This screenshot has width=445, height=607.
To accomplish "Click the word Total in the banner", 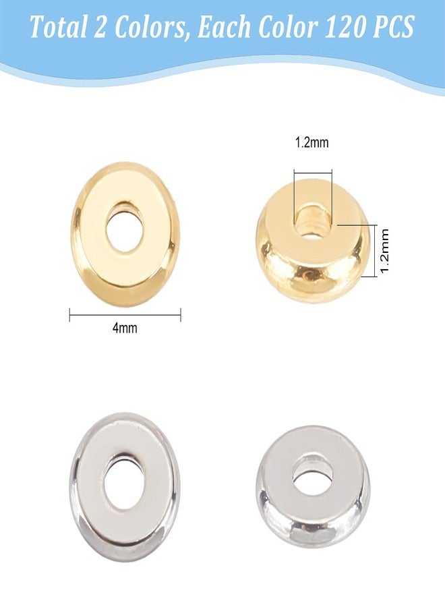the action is [x=58, y=27].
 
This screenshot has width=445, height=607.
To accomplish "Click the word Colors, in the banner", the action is [x=141, y=28].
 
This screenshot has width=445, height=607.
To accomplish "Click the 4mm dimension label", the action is [x=125, y=328].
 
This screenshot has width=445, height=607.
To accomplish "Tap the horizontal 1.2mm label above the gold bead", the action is [x=312, y=143].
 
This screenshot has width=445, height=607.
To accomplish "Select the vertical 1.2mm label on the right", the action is [x=384, y=250].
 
